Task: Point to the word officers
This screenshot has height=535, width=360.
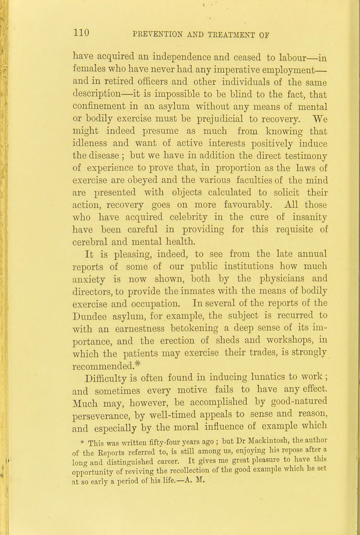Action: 157,83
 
